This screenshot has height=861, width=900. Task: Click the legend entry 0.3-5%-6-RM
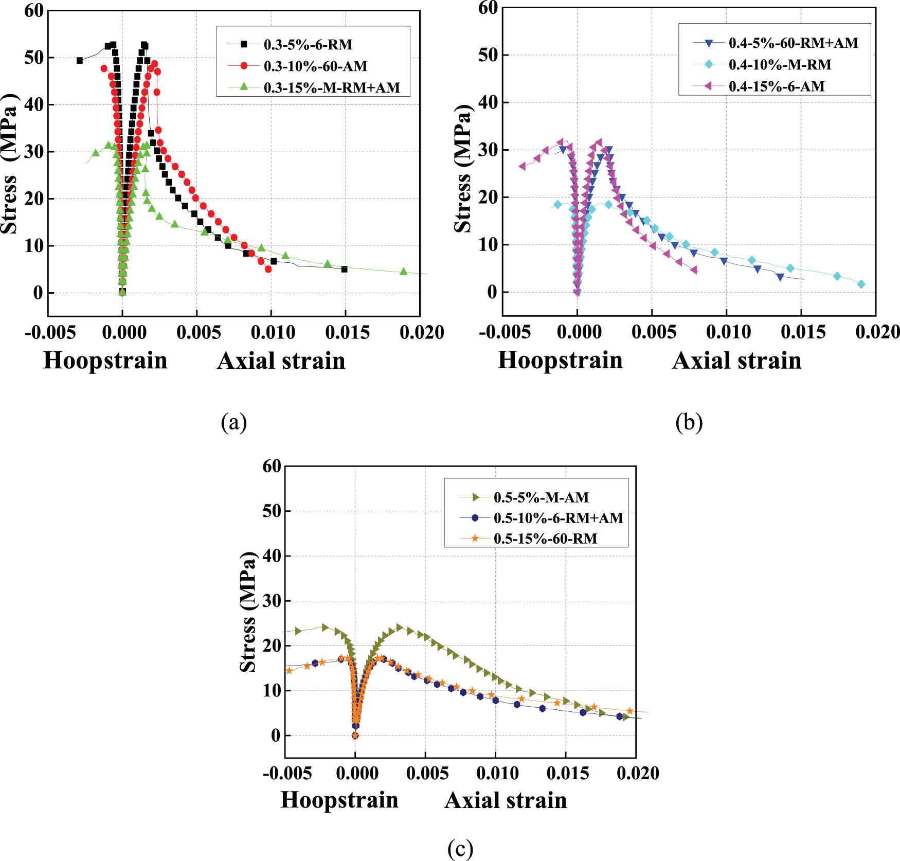tap(308, 45)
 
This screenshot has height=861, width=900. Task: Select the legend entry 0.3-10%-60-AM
tap(315, 66)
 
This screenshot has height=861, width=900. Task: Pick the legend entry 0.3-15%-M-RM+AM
tap(331, 88)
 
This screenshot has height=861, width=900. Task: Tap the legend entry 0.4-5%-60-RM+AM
tap(793, 43)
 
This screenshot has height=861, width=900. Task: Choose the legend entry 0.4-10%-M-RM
tap(780, 65)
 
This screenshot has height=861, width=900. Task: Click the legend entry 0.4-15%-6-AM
tap(776, 86)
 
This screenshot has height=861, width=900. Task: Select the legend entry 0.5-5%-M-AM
tap(541, 497)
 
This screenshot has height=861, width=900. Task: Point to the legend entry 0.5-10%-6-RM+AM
tap(558, 518)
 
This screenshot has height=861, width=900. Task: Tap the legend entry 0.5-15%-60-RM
tap(545, 539)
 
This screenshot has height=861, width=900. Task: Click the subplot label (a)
tap(234, 422)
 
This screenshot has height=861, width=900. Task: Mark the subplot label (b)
tap(689, 422)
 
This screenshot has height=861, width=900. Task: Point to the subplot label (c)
tap(460, 848)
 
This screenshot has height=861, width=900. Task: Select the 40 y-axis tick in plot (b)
tap(488, 102)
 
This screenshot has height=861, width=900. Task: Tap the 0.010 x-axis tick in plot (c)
tap(497, 773)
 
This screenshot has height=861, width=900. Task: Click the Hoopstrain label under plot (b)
tap(560, 360)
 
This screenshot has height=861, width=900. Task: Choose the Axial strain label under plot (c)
tap(506, 800)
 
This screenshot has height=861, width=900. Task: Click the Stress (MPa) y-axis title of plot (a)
tap(9, 164)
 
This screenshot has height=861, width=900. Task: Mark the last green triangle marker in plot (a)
tap(403, 272)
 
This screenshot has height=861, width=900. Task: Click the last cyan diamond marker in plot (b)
tap(861, 284)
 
